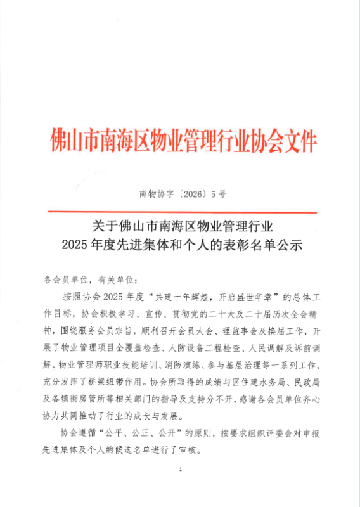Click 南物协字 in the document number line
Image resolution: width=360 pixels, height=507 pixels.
155,195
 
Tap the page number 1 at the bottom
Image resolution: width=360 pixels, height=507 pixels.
181,470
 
